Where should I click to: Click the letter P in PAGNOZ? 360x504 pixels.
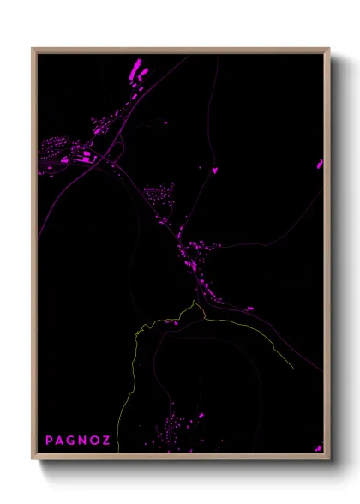pos(50,441)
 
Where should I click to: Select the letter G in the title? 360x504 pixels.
pos(71,441)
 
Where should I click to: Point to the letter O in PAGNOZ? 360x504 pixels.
pos(93,441)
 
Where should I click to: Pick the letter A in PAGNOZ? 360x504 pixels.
pos(60,441)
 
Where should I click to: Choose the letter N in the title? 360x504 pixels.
pos(82,441)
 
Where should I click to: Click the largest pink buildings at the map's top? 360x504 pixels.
pos(135,68)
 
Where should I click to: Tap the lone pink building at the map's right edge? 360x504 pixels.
pos(320,163)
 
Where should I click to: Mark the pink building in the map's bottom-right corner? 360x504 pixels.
pos(317,446)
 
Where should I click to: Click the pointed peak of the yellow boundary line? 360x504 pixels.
pos(195,302)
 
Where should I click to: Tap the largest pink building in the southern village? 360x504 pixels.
pos(201,416)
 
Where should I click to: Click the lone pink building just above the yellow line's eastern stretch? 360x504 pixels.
pos(250,308)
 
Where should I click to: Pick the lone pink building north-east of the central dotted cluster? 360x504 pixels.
pos(214,170)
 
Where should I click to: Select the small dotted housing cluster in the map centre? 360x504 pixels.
pos(159,195)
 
